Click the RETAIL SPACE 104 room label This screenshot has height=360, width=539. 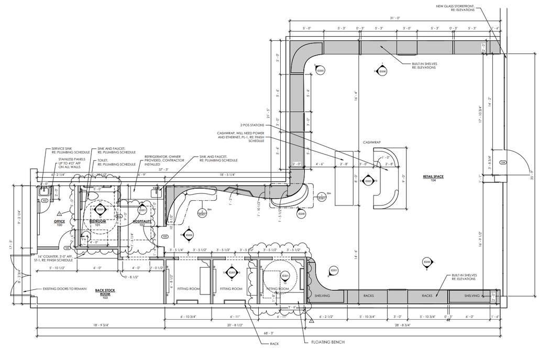[x=433, y=178]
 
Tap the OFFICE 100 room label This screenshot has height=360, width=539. [x=59, y=223]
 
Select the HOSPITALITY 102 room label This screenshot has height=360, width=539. [x=142, y=223]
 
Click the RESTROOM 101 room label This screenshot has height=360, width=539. [x=98, y=223]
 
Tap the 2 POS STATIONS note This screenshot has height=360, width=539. [x=253, y=126]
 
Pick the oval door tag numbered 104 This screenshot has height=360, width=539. [x=502, y=163]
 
